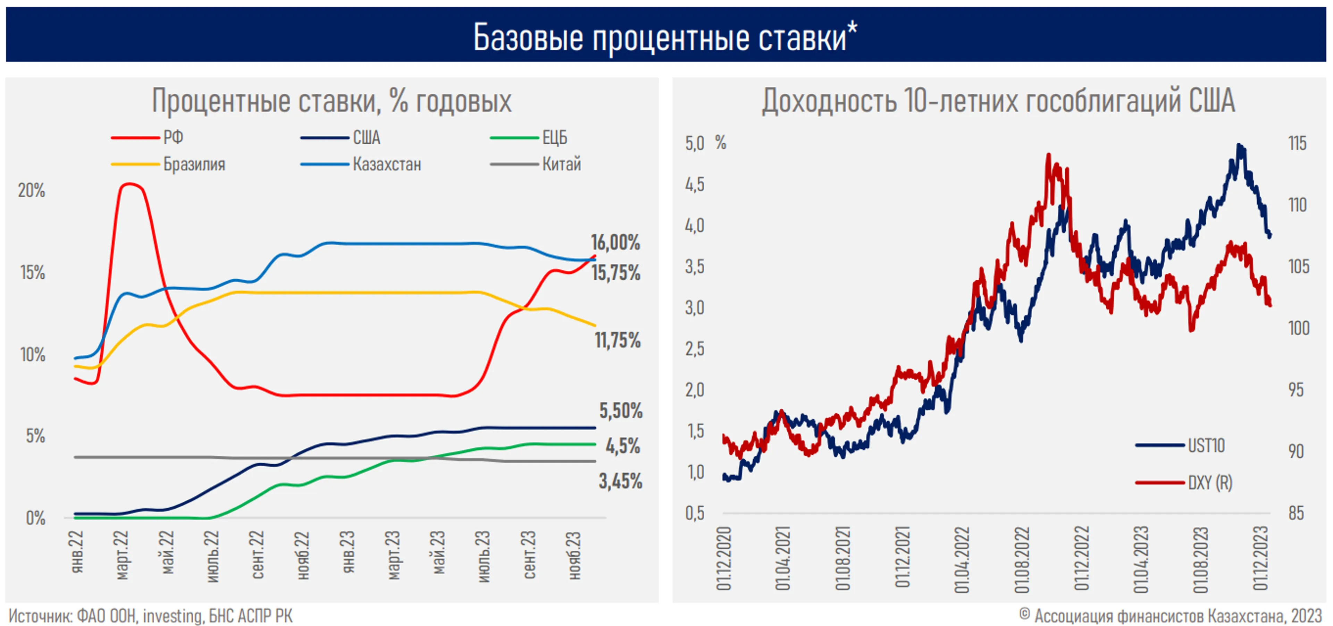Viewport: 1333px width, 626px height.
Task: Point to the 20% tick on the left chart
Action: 32,191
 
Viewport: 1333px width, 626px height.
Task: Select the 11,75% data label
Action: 617,340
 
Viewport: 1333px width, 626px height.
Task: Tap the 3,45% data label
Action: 620,481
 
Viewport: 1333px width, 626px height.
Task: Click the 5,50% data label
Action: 620,411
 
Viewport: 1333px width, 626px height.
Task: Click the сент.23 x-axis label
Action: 529,555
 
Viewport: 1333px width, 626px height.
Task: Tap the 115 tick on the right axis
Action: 1297,143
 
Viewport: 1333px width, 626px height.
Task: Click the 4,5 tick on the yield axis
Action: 694,185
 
